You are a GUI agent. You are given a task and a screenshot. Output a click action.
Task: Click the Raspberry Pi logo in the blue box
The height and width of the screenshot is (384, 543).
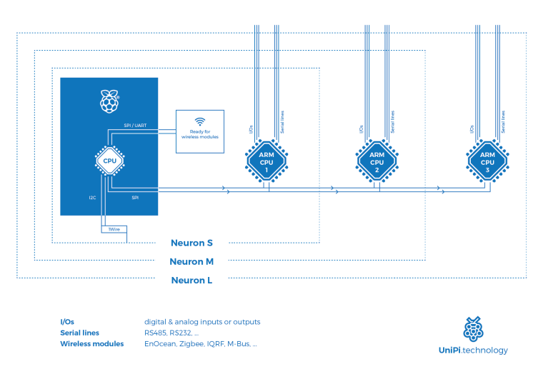pos(109,101)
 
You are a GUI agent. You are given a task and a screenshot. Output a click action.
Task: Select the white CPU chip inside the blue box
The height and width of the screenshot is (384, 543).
pos(110,160)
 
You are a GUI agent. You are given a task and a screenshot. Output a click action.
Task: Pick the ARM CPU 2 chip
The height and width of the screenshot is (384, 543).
pos(377,160)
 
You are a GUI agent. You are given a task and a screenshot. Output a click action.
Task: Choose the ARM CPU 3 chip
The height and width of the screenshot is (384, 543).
pos(487,160)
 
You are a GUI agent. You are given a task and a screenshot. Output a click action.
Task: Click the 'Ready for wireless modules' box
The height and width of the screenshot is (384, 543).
pos(200,131)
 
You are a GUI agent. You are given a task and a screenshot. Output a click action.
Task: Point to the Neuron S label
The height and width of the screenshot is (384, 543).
pos(191,243)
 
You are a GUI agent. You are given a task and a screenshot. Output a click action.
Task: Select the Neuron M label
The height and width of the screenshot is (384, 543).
pos(191,261)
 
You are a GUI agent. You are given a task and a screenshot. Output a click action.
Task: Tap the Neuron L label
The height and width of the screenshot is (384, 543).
pos(191,281)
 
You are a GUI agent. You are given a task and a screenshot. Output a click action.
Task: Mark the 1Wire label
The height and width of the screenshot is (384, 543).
pos(114,228)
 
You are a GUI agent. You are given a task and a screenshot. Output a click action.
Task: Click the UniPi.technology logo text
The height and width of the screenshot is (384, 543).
pos(473,350)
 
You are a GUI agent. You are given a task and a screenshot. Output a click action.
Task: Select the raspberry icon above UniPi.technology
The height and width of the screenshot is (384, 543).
pos(472,329)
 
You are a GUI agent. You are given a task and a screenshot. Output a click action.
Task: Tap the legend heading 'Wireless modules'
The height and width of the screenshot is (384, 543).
pos(92,344)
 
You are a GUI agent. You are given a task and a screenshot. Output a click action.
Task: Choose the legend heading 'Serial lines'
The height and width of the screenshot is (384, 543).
pos(79,333)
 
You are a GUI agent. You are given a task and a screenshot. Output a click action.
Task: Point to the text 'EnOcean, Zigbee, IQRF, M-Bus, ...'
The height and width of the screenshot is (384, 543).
pos(201,344)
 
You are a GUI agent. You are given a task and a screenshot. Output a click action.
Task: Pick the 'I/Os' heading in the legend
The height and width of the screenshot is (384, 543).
pos(67,322)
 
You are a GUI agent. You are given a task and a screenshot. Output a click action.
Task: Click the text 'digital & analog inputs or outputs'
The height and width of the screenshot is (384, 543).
pos(202,322)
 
